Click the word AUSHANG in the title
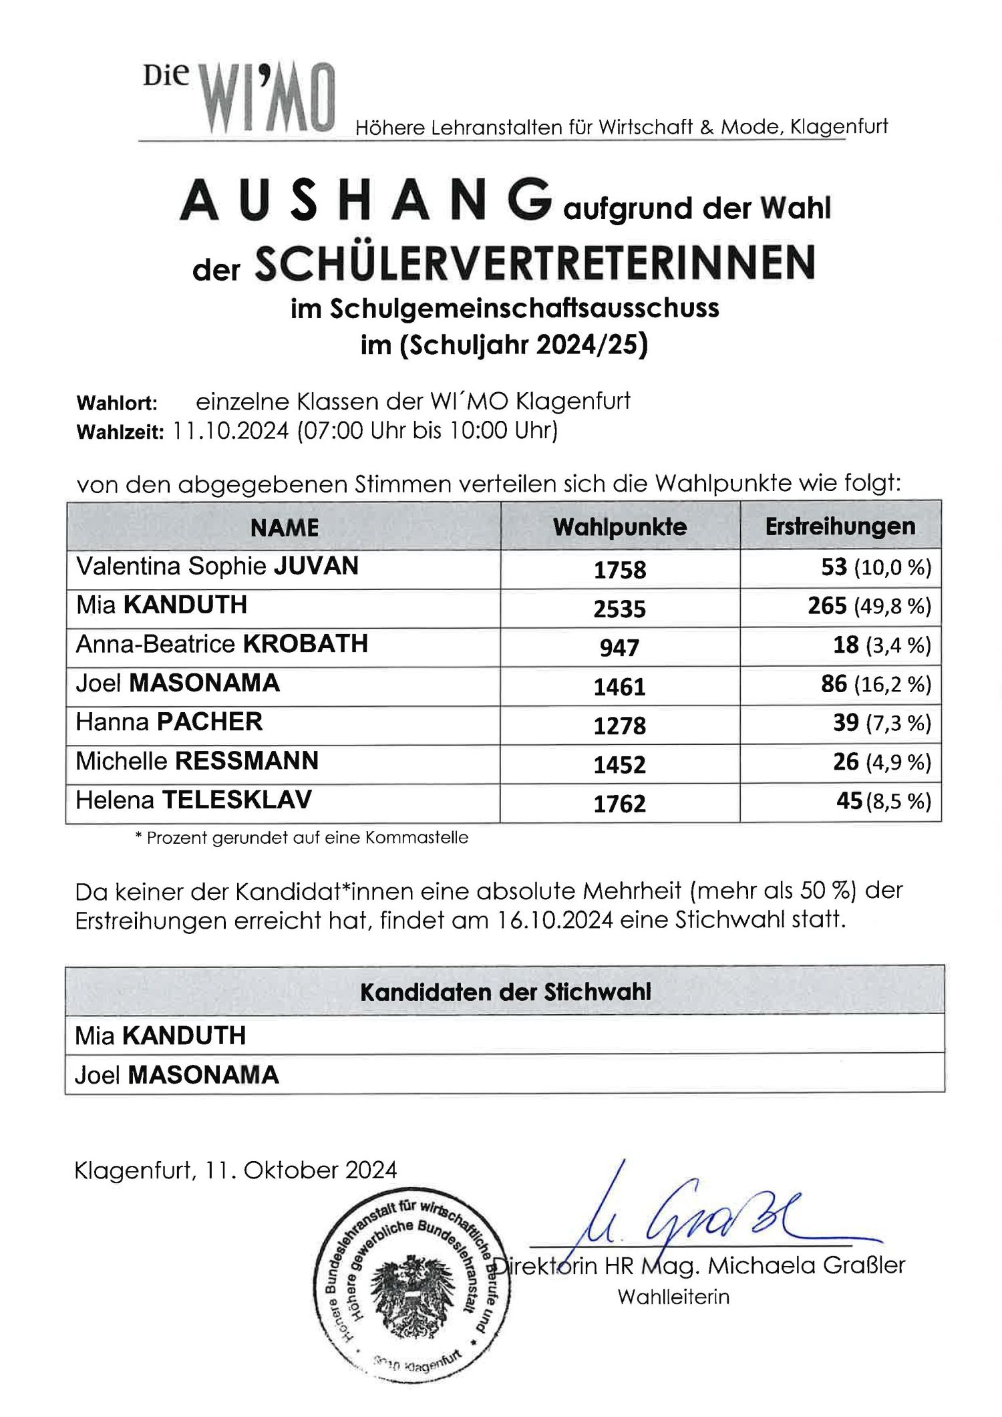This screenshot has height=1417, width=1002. click(x=366, y=200)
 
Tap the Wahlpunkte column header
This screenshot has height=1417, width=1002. click(x=619, y=527)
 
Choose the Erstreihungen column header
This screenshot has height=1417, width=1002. click(x=840, y=526)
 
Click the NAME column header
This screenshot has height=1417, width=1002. click(x=284, y=528)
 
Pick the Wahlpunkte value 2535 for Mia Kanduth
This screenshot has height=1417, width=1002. click(x=619, y=609)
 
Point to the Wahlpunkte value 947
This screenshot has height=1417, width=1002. click(x=619, y=647)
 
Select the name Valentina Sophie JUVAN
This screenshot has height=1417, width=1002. click(x=217, y=567)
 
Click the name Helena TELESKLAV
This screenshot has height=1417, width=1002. click(x=194, y=800)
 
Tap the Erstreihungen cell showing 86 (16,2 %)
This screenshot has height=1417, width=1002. click(x=875, y=685)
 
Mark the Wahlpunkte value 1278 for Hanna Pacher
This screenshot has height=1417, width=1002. click(x=619, y=726)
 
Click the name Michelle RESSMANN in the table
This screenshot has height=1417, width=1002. click(x=197, y=761)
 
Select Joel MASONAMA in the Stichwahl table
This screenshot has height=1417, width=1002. click(x=176, y=1075)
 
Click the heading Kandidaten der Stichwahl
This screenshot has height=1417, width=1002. click(x=505, y=992)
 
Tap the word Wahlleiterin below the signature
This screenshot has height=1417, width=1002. click(x=673, y=1297)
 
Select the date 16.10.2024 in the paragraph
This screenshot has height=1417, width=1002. click(x=554, y=920)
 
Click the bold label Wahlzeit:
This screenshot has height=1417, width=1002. click(x=120, y=432)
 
